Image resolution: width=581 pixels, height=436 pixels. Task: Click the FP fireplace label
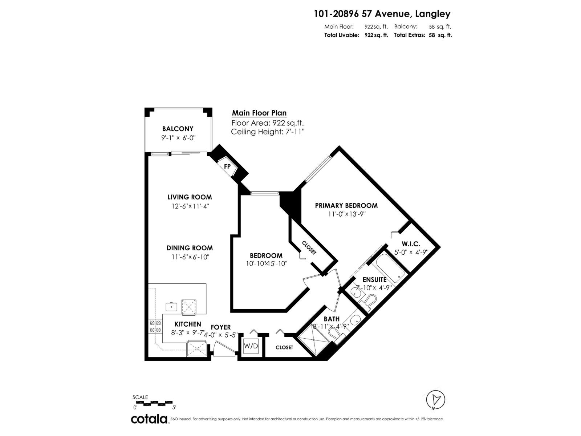tap(227, 166)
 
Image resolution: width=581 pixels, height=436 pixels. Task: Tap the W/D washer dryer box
tap(251, 346)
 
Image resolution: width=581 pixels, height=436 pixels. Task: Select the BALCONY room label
tap(178, 129)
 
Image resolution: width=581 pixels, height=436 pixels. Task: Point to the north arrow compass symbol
tap(435, 400)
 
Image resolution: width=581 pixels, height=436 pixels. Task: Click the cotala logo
tap(150, 419)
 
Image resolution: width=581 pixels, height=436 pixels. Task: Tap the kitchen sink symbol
tap(172, 307)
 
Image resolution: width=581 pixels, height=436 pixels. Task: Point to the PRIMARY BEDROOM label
tap(346, 205)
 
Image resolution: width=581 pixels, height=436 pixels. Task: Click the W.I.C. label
tap(411, 243)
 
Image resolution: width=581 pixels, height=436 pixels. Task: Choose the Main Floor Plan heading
tap(259, 113)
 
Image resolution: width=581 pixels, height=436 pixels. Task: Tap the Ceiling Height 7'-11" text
tap(268, 132)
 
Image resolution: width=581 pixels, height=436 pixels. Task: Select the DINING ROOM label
tap(190, 248)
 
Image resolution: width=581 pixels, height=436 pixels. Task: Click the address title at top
tap(382, 14)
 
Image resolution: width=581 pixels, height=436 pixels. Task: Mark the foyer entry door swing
tap(224, 348)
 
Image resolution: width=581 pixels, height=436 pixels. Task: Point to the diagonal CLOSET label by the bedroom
tap(309, 248)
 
